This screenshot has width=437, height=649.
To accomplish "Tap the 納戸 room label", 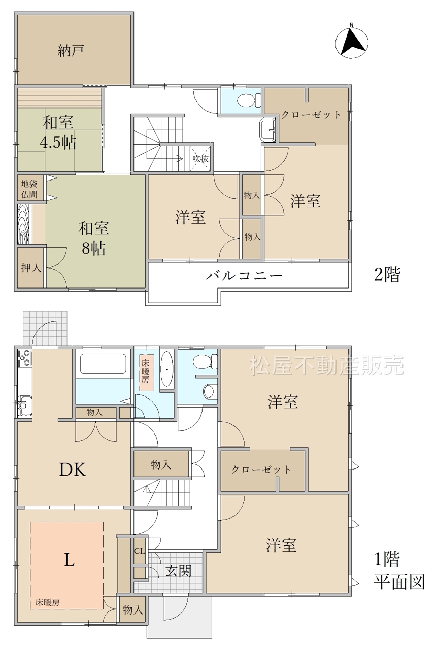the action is click(x=71, y=50).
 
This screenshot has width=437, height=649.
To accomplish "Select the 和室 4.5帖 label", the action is click(x=59, y=132).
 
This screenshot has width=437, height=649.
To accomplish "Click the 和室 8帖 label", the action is click(x=94, y=238).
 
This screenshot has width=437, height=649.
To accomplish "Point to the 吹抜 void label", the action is click(x=200, y=159).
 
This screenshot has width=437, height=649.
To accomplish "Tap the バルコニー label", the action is click(x=244, y=275).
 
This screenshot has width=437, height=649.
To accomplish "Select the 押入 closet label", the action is click(x=31, y=267).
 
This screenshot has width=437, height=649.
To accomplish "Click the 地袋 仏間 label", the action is click(x=29, y=189).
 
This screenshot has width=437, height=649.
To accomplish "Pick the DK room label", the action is click(x=73, y=470).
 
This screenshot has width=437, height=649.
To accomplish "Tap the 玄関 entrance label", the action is click(x=178, y=571).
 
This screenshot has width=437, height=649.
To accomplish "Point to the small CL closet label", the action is click(x=139, y=551).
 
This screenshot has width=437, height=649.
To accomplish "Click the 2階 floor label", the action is click(x=387, y=275).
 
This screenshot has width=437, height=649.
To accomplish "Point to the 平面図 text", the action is click(x=399, y=582).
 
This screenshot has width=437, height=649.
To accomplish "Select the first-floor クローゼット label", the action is click(x=261, y=470).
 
